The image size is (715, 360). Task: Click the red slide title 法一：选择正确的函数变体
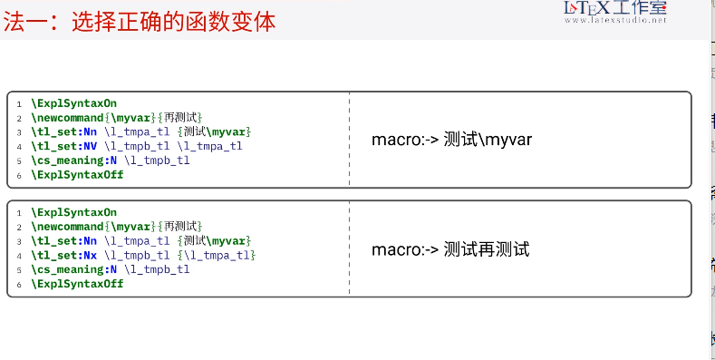point(140,21)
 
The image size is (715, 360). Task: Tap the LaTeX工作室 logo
point(615,11)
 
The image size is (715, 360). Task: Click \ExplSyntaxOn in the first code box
point(73,103)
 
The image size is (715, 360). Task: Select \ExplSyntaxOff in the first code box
point(77,175)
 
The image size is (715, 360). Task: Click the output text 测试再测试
point(487,249)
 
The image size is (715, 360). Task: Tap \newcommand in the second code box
point(67,226)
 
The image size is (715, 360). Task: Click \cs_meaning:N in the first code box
point(74,161)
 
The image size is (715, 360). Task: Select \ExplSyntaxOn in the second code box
point(73,212)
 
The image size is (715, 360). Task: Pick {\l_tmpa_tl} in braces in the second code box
point(217,255)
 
